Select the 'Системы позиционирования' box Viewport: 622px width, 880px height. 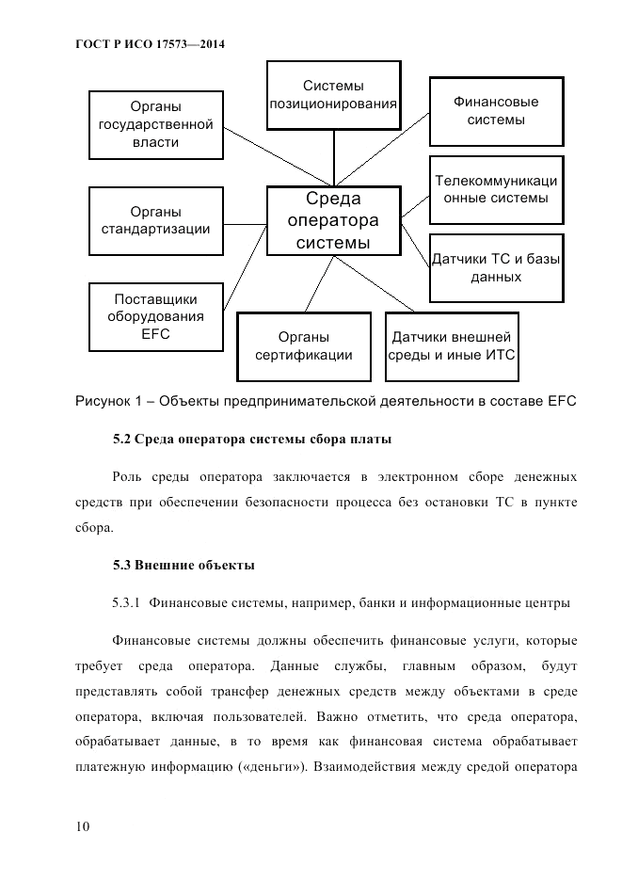coord(332,93)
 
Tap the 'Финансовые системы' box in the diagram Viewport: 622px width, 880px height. coord(496,111)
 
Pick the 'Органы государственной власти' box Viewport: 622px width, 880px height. coord(155,124)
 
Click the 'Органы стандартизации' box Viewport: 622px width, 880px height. coord(156,220)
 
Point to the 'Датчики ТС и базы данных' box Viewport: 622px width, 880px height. coord(496,266)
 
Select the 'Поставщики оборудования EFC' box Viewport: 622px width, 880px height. coord(156,316)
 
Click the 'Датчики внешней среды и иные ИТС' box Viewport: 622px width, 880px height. coord(453,345)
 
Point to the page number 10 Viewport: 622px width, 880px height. coord(82,826)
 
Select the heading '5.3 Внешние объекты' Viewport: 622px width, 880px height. coord(183,566)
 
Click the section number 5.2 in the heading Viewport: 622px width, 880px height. coord(121,440)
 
